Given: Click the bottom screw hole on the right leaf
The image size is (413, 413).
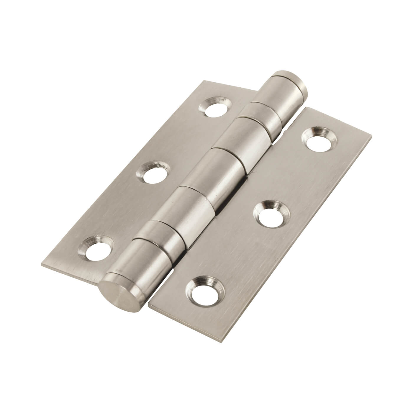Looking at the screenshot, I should pos(201,291).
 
